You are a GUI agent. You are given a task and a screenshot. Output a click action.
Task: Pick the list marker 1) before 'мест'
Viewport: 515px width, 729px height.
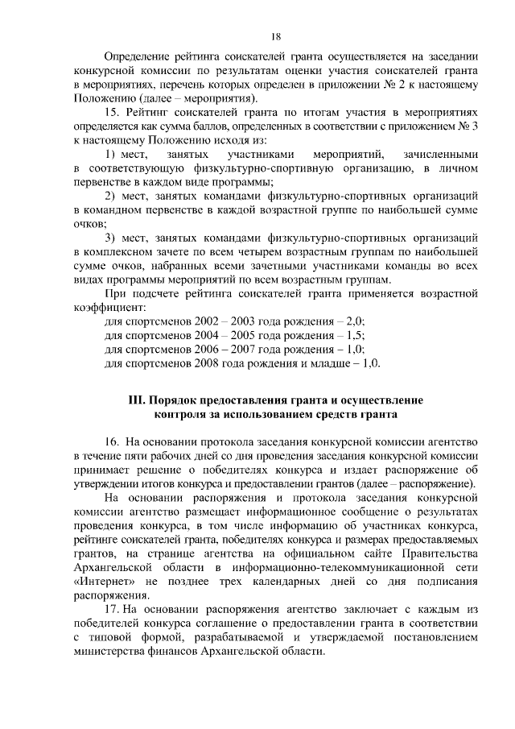(113, 153)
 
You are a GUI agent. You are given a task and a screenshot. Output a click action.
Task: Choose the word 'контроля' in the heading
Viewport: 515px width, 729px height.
(182, 414)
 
